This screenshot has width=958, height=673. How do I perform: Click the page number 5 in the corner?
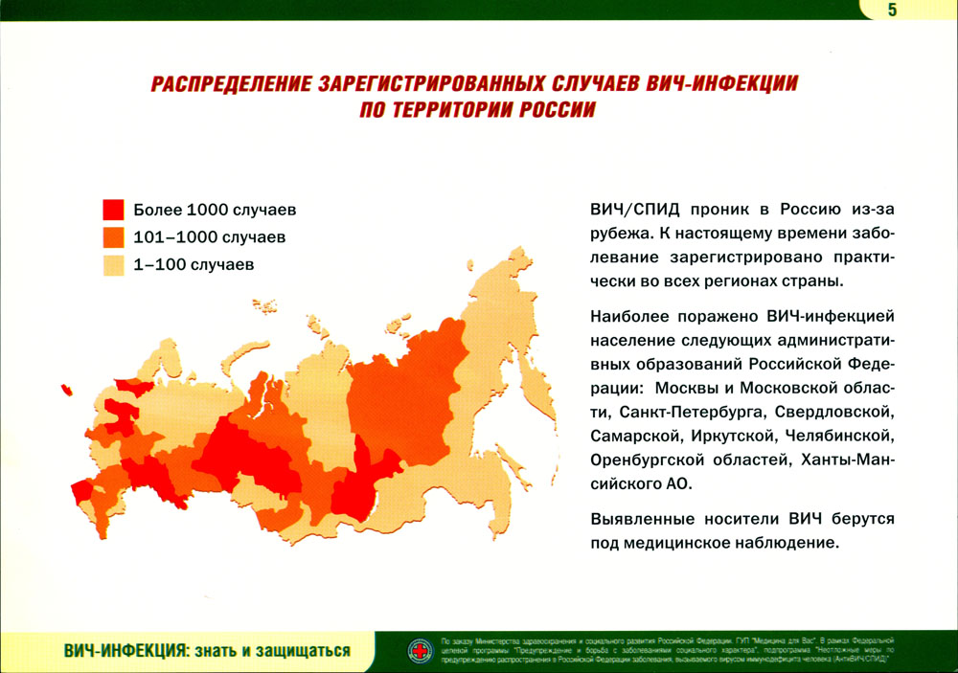point(892,10)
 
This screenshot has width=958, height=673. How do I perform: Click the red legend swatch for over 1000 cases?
point(114,210)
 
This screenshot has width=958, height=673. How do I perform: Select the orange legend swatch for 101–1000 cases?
point(114,237)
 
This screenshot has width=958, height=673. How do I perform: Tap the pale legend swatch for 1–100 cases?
point(114,265)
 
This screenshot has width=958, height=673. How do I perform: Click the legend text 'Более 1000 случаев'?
point(215,210)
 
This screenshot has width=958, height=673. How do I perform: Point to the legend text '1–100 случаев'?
point(194,265)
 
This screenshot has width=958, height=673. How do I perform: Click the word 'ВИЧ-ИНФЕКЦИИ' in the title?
point(721,83)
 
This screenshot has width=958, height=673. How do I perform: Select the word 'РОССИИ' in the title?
point(558,110)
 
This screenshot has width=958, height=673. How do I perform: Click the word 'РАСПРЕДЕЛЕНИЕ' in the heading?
point(232,83)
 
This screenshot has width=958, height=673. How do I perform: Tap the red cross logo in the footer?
point(421,651)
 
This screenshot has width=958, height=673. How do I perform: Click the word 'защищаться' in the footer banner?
point(303,651)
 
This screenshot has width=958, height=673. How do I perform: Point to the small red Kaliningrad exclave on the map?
point(66,390)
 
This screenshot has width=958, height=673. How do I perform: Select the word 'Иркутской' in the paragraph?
point(732,436)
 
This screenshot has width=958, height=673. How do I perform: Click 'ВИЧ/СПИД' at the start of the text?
point(635,210)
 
